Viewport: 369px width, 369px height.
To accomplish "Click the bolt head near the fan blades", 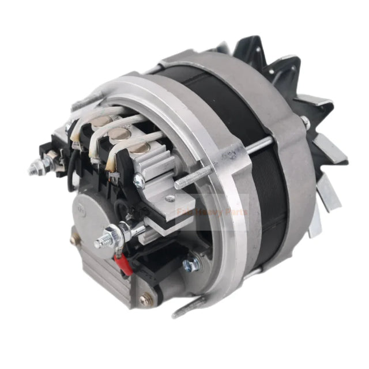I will point(304,122).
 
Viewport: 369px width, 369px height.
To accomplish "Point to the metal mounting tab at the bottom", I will point(190,308).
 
